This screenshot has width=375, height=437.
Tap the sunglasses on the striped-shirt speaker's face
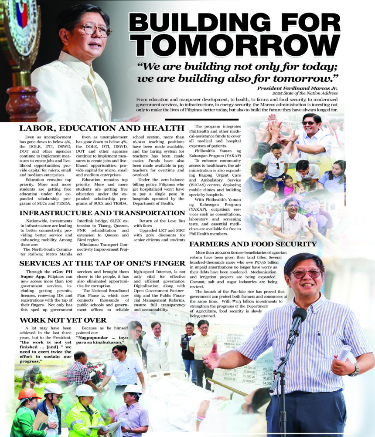[x=305, y=274]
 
